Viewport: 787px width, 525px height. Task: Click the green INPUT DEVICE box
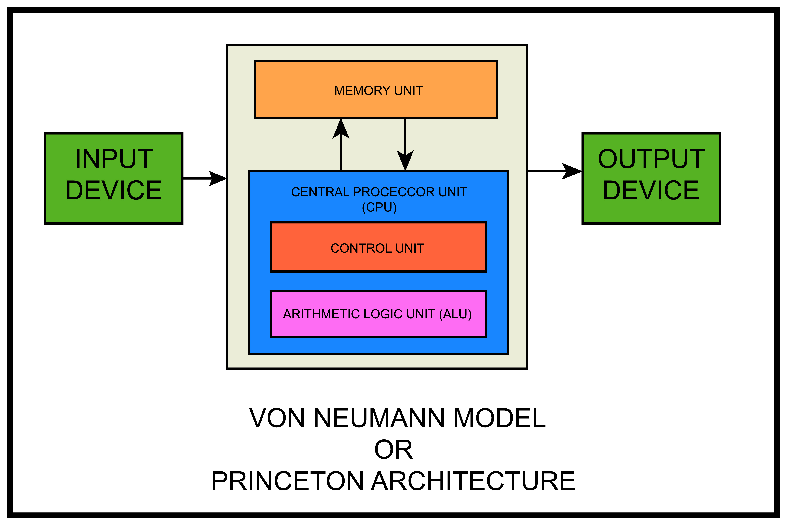(x=114, y=178)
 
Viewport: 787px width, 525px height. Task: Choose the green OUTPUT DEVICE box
(x=651, y=178)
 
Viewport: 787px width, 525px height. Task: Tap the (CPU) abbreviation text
(x=379, y=207)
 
